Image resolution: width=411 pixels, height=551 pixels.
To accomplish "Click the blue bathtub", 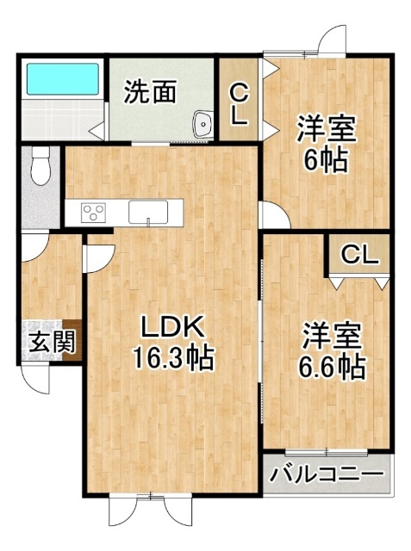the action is tap(63, 78).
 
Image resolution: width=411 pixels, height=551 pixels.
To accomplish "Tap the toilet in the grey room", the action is tap(41, 165).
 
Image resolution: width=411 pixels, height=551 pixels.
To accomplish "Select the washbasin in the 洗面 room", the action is tap(202, 124).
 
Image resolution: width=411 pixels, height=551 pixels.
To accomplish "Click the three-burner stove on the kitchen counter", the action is tap(93, 213).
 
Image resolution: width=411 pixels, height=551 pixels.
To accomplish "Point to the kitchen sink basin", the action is tap(148, 212).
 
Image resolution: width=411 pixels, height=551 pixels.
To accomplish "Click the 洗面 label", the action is tap(151, 92).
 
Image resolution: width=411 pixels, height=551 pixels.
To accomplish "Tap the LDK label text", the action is tap(172, 326).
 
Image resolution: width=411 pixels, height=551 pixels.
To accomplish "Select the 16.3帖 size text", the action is tap(172, 358).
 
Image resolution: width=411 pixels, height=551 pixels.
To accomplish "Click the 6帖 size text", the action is tap(327, 160).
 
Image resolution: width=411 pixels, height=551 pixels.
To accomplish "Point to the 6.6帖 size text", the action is tap(331, 367).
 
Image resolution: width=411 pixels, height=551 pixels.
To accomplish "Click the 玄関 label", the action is tap(52, 341).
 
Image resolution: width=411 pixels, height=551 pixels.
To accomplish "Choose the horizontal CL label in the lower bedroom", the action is tap(360, 255).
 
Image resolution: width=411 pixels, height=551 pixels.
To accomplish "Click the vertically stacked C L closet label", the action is tap(239, 105).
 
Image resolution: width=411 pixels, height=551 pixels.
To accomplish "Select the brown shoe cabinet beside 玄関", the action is tap(72, 339).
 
